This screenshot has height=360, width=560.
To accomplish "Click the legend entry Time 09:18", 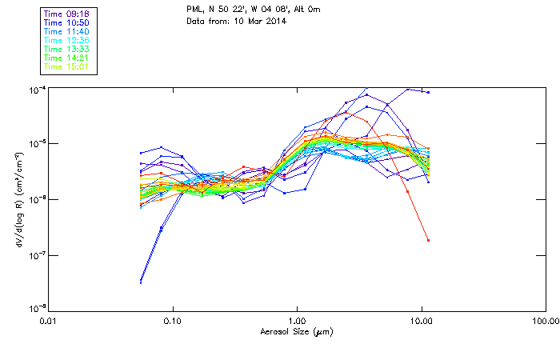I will point(67,14).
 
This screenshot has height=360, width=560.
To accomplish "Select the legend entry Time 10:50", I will point(67,22).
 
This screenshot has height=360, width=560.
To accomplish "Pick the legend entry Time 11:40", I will point(67,31).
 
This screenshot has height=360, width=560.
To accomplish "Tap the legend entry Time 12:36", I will point(67,40).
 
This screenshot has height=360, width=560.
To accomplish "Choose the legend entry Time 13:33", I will point(67,49).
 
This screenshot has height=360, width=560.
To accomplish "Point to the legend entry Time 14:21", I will point(67,58).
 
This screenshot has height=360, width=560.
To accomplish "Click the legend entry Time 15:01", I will point(67,66).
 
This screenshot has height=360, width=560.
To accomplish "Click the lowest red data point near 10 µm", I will point(429,240).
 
